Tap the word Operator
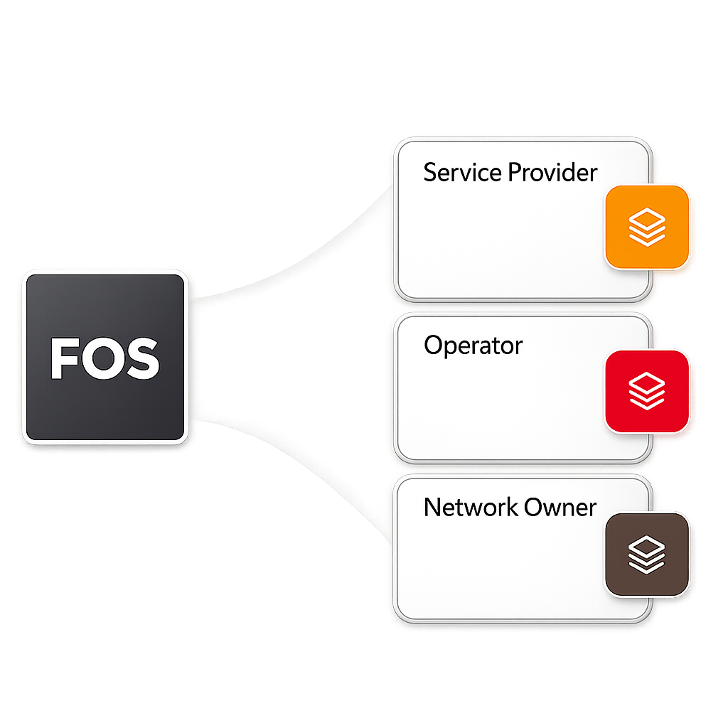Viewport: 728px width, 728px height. point(473,346)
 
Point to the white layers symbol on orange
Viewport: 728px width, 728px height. point(647,227)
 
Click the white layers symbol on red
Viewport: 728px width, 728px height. point(647,391)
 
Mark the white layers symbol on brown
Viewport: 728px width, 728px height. point(647,555)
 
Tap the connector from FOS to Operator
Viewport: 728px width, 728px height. point(299,355)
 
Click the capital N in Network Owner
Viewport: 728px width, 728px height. point(431,507)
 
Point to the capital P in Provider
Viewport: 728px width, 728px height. point(517,172)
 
